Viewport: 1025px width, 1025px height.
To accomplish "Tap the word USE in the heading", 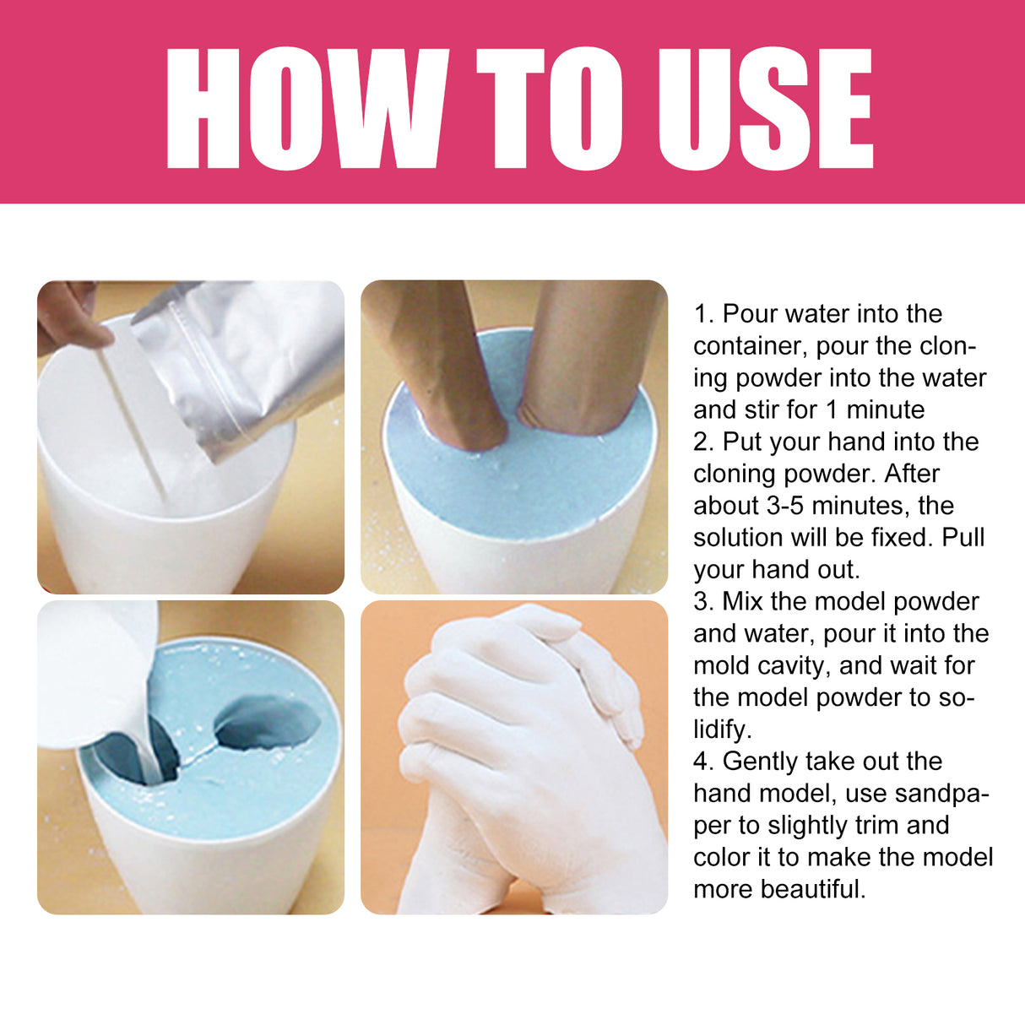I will coord(764,109).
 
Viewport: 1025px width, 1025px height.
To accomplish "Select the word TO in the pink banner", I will coord(550,109).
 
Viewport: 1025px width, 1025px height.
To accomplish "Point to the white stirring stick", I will coord(132,422).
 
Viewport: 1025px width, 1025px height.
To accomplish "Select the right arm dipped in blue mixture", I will coord(583,355).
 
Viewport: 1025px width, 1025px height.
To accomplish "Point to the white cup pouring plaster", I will coord(93,675).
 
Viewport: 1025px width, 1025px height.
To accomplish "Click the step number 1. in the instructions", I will coord(704,314).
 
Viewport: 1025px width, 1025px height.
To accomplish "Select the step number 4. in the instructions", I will coord(704,762).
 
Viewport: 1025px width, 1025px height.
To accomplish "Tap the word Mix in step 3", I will coord(743,602).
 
